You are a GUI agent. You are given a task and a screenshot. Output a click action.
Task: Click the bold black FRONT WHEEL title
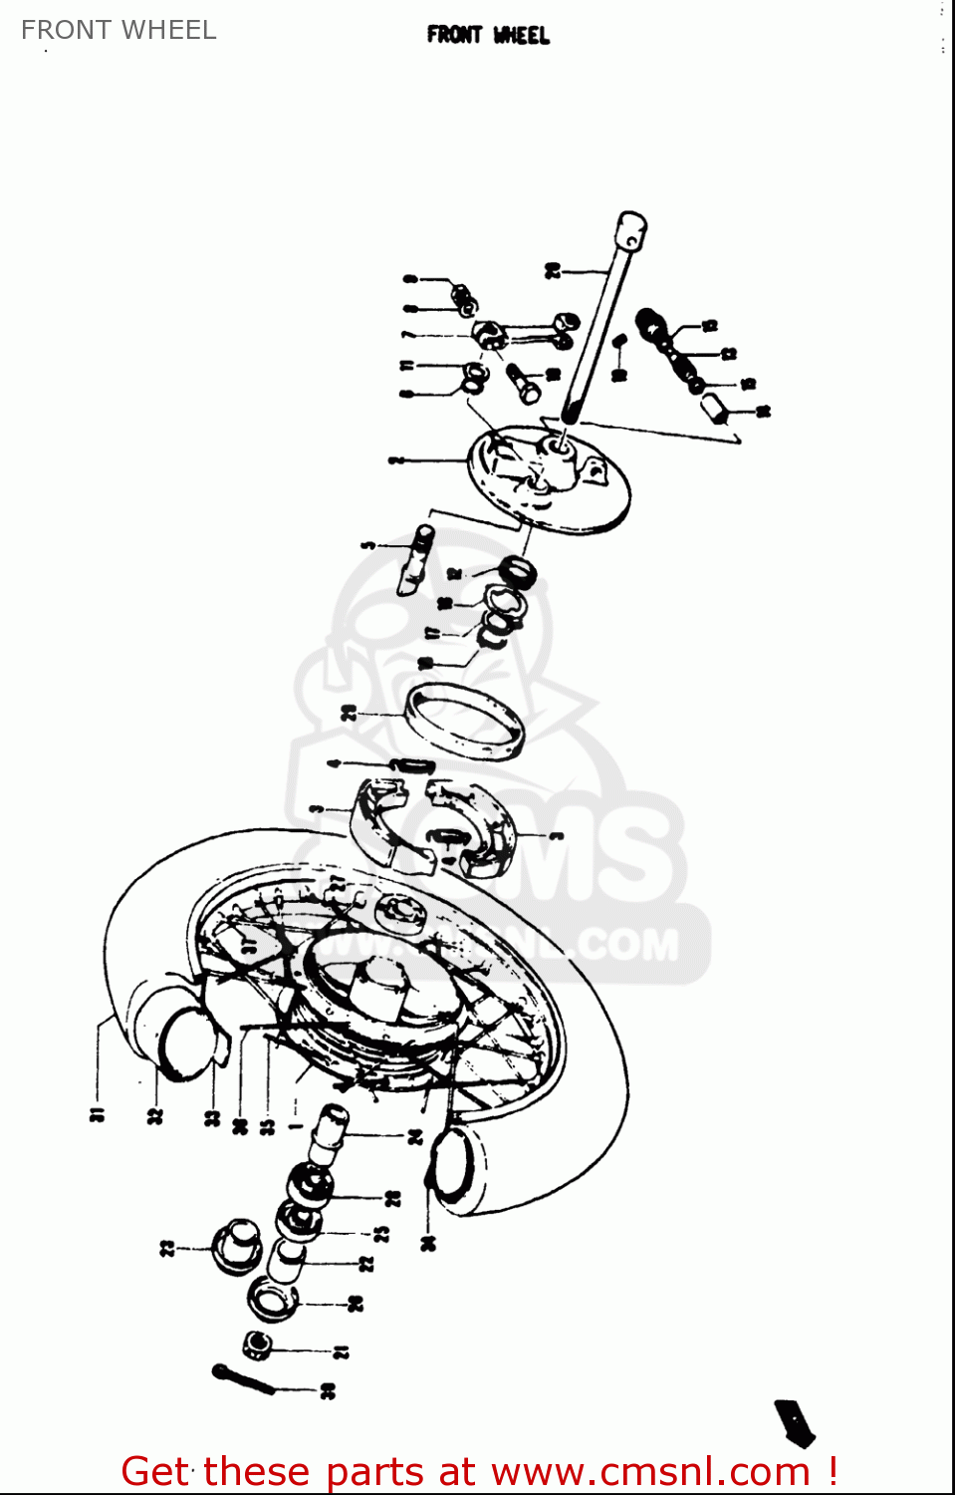pos(488,35)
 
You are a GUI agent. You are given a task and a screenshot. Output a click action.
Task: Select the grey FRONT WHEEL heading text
pos(119,30)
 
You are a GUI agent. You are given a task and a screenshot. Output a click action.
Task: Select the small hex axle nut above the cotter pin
pos(259,1345)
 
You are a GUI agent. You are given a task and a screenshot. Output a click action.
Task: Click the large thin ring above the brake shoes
pos(464,722)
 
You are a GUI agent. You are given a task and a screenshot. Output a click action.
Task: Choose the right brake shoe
pos(478,822)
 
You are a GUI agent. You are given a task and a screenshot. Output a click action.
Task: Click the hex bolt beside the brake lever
pos(523,383)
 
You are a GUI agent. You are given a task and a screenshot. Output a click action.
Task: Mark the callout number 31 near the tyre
pos(98,1114)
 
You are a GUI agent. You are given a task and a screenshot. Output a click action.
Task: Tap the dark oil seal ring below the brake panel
pos(517,572)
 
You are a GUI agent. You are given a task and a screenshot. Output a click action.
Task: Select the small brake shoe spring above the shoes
pos(412,765)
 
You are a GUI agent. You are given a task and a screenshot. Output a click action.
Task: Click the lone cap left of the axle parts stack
pos(237,1246)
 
